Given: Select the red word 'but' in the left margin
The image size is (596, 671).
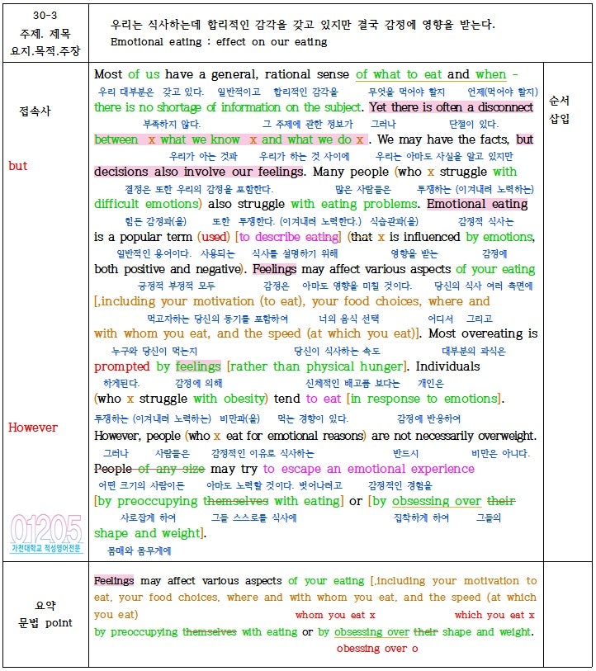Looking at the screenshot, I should [17, 166].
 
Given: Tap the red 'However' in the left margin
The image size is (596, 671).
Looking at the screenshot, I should [33, 428].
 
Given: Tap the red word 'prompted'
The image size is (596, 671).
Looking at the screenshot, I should [122, 366].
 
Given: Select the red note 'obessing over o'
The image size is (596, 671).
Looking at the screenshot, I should [377, 649].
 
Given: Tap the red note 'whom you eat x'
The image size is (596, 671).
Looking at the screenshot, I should [335, 615].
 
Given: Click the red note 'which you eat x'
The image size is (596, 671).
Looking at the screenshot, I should [494, 615].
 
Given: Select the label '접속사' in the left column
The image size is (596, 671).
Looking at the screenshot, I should [35, 111].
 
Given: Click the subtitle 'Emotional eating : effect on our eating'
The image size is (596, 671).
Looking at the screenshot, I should [219, 41].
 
